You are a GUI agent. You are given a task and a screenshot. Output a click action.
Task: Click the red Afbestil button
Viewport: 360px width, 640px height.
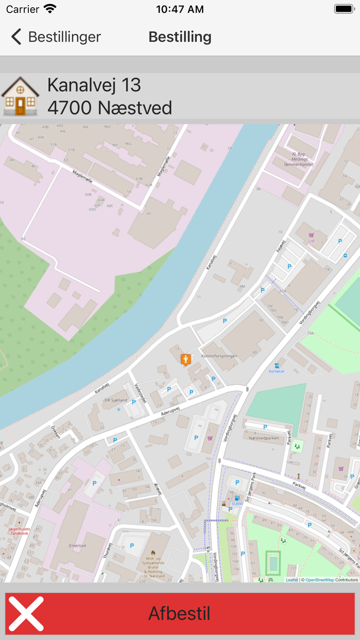tap(180, 613)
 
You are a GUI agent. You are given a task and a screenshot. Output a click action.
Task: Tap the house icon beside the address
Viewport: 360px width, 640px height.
tap(20, 96)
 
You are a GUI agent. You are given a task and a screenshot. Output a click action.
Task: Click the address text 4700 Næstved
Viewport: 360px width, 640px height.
tap(110, 108)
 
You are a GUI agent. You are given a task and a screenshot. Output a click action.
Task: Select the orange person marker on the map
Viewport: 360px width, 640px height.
tap(186, 360)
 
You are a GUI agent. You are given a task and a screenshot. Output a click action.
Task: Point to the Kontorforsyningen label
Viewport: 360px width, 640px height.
tap(219, 355)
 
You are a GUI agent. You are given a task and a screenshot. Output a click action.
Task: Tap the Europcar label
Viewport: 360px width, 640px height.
tap(277, 371)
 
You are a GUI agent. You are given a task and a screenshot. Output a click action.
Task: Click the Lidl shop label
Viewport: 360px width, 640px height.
tap(311, 240)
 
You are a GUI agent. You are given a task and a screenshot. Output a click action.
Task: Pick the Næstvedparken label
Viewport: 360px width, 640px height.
tap(263, 438)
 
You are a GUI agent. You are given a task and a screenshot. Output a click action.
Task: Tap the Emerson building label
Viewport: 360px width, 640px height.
tap(77, 545)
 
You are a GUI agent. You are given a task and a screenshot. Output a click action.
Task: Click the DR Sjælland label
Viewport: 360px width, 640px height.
tap(115, 400)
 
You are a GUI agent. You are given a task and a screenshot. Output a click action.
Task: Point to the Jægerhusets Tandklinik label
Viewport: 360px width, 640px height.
tap(20, 531)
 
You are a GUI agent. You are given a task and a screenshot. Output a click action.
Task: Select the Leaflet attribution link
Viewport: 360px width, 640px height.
tap(292, 580)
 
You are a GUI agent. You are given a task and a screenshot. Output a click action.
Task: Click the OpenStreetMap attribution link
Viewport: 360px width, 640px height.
tap(319, 580)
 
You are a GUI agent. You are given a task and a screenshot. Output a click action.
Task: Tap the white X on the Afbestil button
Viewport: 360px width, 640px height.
tap(26, 613)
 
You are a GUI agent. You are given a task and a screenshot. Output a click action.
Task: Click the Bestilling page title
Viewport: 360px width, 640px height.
tap(180, 37)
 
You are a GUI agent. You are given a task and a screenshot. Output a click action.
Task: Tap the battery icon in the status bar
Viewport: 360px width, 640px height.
tap(344, 9)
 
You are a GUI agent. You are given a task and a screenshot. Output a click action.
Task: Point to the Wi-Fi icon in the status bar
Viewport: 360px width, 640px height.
tap(50, 9)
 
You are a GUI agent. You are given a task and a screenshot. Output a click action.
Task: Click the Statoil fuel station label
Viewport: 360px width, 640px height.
tap(237, 504)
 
